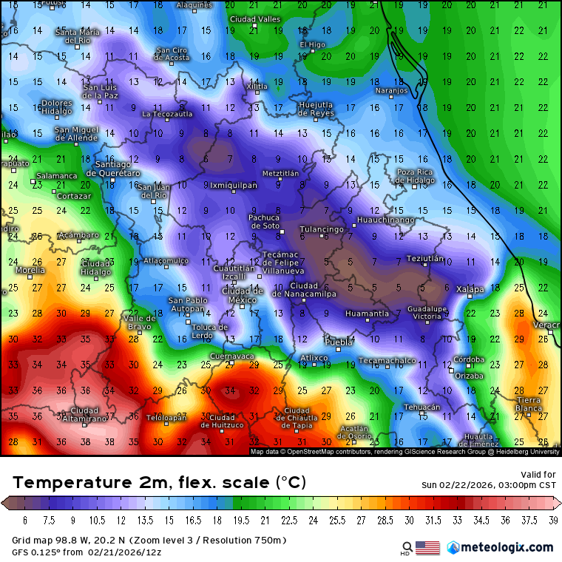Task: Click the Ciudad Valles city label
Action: pos(255,19)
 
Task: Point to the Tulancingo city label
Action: pos(322,229)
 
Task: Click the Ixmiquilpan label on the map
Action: pos(234,186)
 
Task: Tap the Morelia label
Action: pos(30,271)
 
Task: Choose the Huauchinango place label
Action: pos(385,220)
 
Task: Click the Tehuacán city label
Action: pos(422,407)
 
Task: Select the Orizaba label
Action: pos(468,376)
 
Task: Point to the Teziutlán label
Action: pos(425,259)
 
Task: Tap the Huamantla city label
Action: pos(367,314)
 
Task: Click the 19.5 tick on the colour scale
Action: pos(245,521)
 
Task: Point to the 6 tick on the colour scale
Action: pos(24,521)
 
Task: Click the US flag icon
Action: pos(427,548)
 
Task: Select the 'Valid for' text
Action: pos(538,474)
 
